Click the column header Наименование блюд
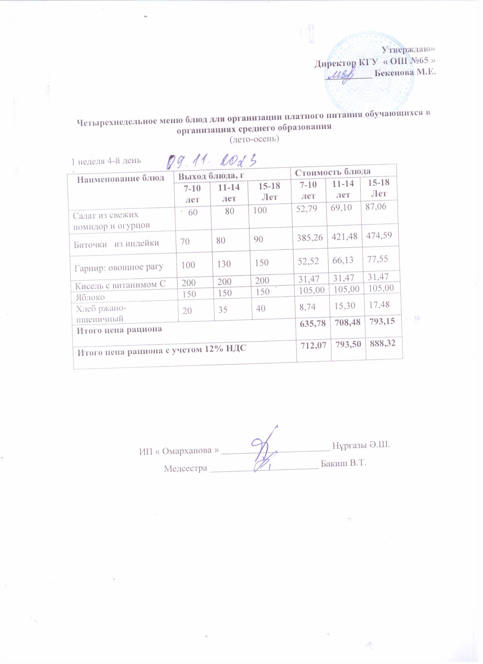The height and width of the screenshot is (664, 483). pyautogui.click(x=120, y=179)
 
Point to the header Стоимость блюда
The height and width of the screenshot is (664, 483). pyautogui.click(x=332, y=172)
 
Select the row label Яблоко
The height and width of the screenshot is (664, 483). pyautogui.click(x=90, y=297)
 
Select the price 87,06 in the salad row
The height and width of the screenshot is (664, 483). pyautogui.click(x=376, y=206)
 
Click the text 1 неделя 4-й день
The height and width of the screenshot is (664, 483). pyautogui.click(x=107, y=161)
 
